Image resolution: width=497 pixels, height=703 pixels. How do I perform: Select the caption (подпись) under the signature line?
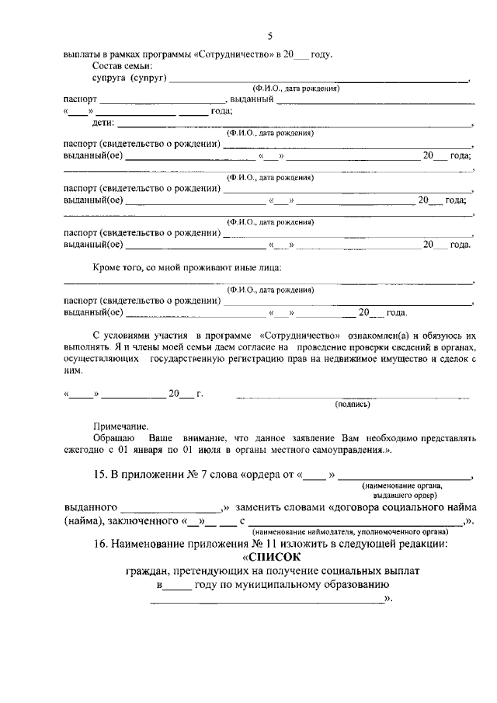click(353, 404)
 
